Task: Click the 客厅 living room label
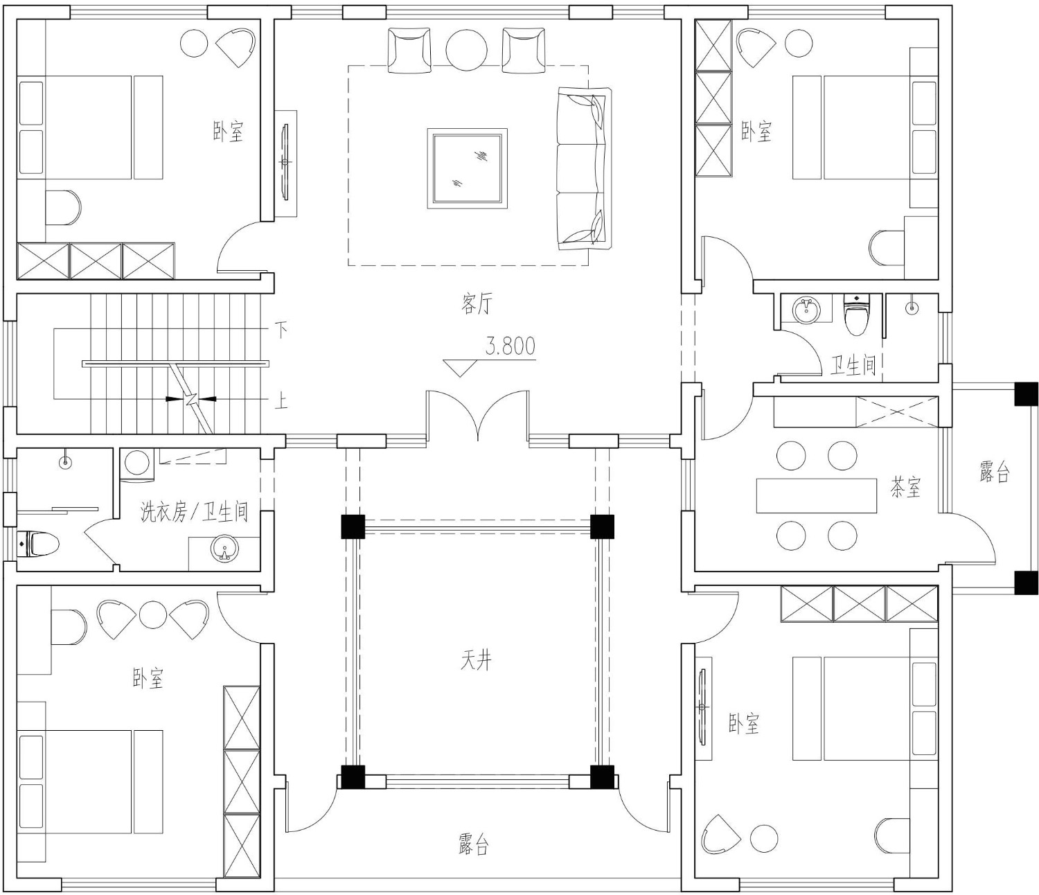coord(476,303)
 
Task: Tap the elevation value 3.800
coord(510,346)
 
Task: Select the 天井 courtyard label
coord(476,659)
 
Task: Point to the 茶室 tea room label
coord(905,487)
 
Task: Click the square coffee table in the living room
coord(467,168)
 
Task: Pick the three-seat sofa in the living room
coord(584,168)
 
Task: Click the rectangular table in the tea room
coord(817,496)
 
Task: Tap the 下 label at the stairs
coord(281,330)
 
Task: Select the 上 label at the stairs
coord(281,401)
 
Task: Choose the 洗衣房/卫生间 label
coord(194,511)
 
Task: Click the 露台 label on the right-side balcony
coord(994,472)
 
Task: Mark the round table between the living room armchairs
coord(466,51)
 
